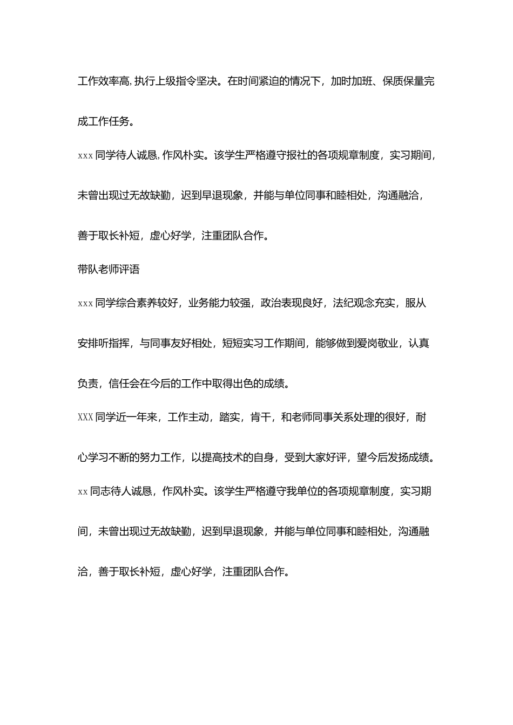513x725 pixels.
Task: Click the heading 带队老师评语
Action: [x=109, y=269]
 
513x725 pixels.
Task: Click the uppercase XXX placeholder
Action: [x=85, y=418]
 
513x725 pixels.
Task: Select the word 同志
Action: [x=100, y=491]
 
